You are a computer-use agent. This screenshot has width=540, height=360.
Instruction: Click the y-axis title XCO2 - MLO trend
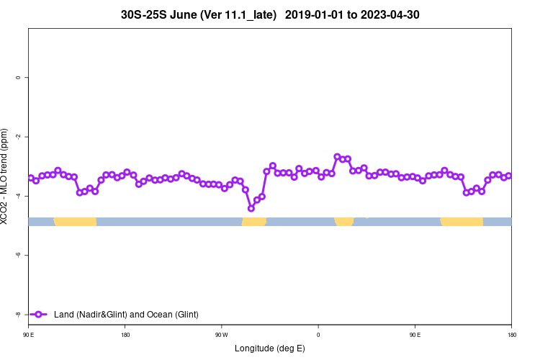[x=6, y=177]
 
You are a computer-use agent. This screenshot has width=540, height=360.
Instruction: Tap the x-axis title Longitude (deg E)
[x=270, y=348]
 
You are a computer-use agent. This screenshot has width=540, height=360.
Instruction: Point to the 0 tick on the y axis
[x=17, y=78]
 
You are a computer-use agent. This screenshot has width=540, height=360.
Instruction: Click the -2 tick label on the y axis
[x=17, y=137]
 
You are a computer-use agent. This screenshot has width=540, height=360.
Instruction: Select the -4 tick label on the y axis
[x=17, y=196]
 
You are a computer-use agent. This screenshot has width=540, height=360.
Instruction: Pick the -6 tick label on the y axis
[x=17, y=255]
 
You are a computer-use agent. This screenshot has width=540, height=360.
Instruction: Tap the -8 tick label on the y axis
[x=17, y=315]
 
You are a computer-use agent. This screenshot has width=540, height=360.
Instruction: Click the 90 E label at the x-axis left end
[x=28, y=335]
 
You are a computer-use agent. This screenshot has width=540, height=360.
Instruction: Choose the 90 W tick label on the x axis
[x=221, y=335]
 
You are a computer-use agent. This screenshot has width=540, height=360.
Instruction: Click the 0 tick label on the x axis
[x=318, y=335]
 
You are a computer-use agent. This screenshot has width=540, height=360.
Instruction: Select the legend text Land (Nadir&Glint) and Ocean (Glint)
[x=126, y=315]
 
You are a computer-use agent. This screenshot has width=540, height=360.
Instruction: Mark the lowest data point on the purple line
[x=251, y=208]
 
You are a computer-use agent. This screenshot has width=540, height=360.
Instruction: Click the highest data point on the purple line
[x=337, y=156]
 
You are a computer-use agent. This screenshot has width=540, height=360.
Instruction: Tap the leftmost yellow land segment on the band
[x=75, y=221]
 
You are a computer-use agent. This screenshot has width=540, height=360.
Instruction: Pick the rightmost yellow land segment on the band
[x=462, y=221]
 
